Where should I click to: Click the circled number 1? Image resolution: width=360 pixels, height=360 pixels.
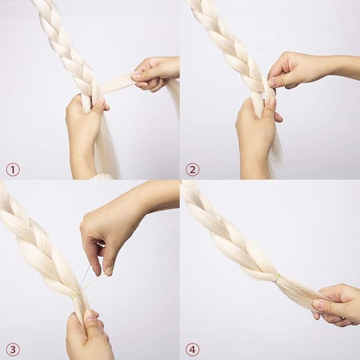coord(13,170)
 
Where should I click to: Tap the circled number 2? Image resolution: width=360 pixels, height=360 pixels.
coord(192,170)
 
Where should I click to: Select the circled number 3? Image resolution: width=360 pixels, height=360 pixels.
coord(13,350)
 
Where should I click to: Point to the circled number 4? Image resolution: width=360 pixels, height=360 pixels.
coord(192,350)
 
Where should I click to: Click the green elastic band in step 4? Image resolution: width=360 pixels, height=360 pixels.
coord(278,277)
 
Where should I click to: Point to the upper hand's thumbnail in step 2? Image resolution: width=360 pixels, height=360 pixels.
coord(273,83)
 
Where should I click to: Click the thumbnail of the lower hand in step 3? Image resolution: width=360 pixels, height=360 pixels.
coord(90,315)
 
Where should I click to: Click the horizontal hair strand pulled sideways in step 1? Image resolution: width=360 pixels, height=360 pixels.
coord(117,84)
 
